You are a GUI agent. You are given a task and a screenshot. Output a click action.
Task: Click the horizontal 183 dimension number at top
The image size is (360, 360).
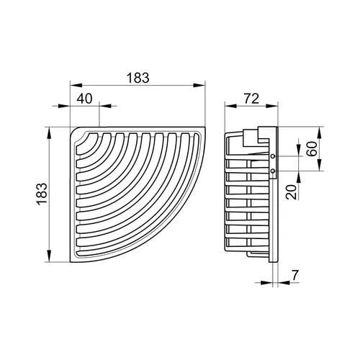click(x=138, y=78)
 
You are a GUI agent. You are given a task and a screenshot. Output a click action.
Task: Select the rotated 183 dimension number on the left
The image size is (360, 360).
click(x=42, y=194)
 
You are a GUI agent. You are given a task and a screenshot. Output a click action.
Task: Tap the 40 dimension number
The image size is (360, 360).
click(x=84, y=99)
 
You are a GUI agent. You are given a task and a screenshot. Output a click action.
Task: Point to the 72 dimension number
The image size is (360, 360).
click(x=251, y=99)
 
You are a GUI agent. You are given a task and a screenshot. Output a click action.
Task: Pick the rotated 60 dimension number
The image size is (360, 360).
click(x=312, y=149)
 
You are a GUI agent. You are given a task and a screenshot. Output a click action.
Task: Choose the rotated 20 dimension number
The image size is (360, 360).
click(x=292, y=192)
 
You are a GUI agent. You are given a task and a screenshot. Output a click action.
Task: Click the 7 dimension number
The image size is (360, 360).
click(x=295, y=276)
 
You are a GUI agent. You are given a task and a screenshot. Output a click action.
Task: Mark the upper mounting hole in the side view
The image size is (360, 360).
click(x=273, y=156)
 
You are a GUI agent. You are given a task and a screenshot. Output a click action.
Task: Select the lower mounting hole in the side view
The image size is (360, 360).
click(x=273, y=171)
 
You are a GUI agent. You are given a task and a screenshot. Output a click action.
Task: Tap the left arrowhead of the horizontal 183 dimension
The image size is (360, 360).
click(x=76, y=85)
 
